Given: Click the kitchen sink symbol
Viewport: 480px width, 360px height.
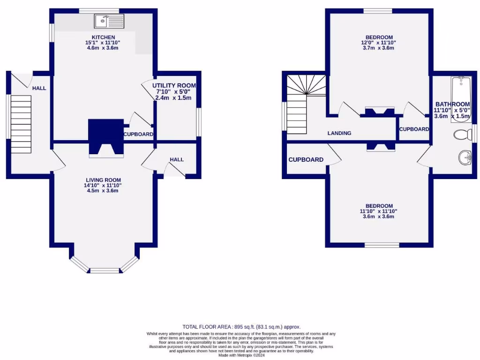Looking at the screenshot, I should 109,21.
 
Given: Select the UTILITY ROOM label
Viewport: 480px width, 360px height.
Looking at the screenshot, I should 174,85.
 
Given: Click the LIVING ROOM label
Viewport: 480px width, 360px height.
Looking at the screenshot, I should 103,180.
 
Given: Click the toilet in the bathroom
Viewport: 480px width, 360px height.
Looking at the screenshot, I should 462,135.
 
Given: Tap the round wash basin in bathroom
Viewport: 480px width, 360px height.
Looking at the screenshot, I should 465,157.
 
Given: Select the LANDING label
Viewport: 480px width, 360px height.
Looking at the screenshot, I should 339,133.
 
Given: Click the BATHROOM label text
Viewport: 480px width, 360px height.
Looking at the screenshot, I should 452,104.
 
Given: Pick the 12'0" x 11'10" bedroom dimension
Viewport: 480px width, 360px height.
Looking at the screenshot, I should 379,43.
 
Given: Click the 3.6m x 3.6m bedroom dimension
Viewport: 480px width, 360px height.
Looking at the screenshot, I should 379,216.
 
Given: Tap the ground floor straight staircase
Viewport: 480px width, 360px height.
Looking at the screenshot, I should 21,117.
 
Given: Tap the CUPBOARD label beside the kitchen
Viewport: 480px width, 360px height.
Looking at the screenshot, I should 138,134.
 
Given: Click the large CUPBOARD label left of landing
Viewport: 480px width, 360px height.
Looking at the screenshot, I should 306,159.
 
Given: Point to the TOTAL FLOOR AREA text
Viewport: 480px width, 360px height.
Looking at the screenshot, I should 241,327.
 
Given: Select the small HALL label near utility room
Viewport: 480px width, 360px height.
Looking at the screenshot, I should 177,159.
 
